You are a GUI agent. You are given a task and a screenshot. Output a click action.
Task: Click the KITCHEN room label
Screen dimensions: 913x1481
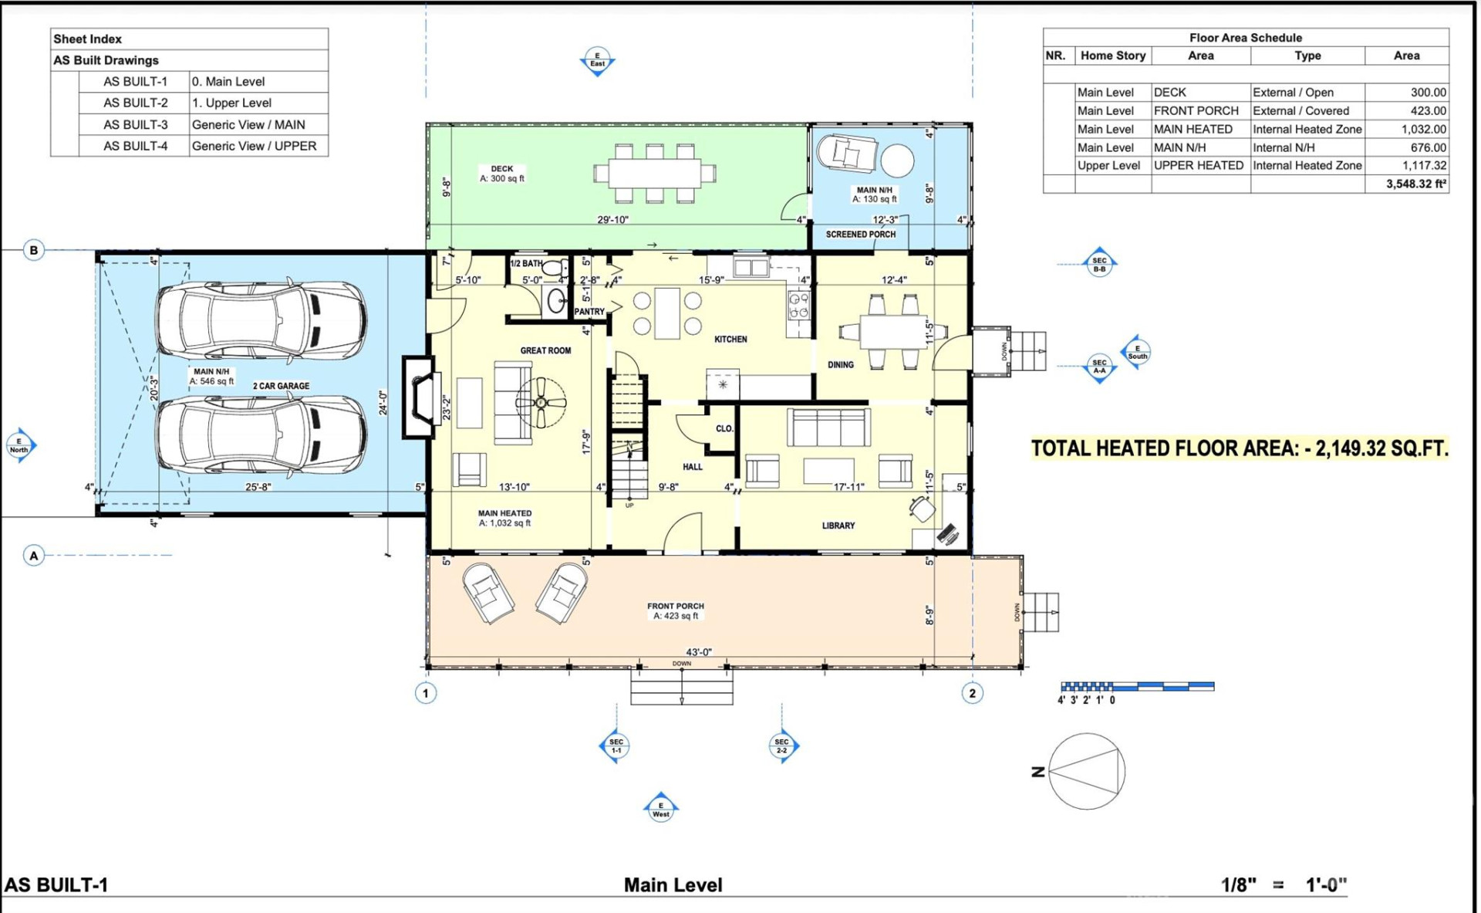point(730,340)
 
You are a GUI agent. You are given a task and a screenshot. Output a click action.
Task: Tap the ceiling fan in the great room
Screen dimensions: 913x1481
point(541,402)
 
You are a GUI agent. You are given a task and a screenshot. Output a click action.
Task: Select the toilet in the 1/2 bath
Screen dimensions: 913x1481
point(552,270)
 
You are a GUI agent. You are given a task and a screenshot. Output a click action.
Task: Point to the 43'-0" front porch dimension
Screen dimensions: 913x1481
point(698,652)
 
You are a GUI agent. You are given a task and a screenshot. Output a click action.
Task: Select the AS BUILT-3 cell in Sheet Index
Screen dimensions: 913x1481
point(135,124)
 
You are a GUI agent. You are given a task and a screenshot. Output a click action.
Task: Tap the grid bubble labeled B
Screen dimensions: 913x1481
point(33,250)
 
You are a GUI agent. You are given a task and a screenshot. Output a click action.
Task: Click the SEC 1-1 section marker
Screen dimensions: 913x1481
point(616,746)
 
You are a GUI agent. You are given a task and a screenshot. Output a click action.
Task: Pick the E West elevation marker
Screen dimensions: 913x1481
point(660,809)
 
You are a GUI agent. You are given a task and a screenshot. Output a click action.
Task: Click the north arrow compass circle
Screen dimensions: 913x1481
point(1086,771)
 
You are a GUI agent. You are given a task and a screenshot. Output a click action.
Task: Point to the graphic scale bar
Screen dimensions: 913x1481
point(1137,686)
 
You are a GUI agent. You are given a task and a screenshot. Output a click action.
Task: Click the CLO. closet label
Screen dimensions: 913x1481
point(724,428)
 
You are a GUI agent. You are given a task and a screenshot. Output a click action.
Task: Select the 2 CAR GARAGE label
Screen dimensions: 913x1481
point(281,386)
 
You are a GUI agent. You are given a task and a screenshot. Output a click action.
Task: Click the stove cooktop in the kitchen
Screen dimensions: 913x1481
point(798,306)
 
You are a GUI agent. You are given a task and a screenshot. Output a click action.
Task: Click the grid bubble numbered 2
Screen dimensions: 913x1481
point(972,693)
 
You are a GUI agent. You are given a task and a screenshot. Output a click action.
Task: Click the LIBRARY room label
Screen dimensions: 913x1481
point(838,526)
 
